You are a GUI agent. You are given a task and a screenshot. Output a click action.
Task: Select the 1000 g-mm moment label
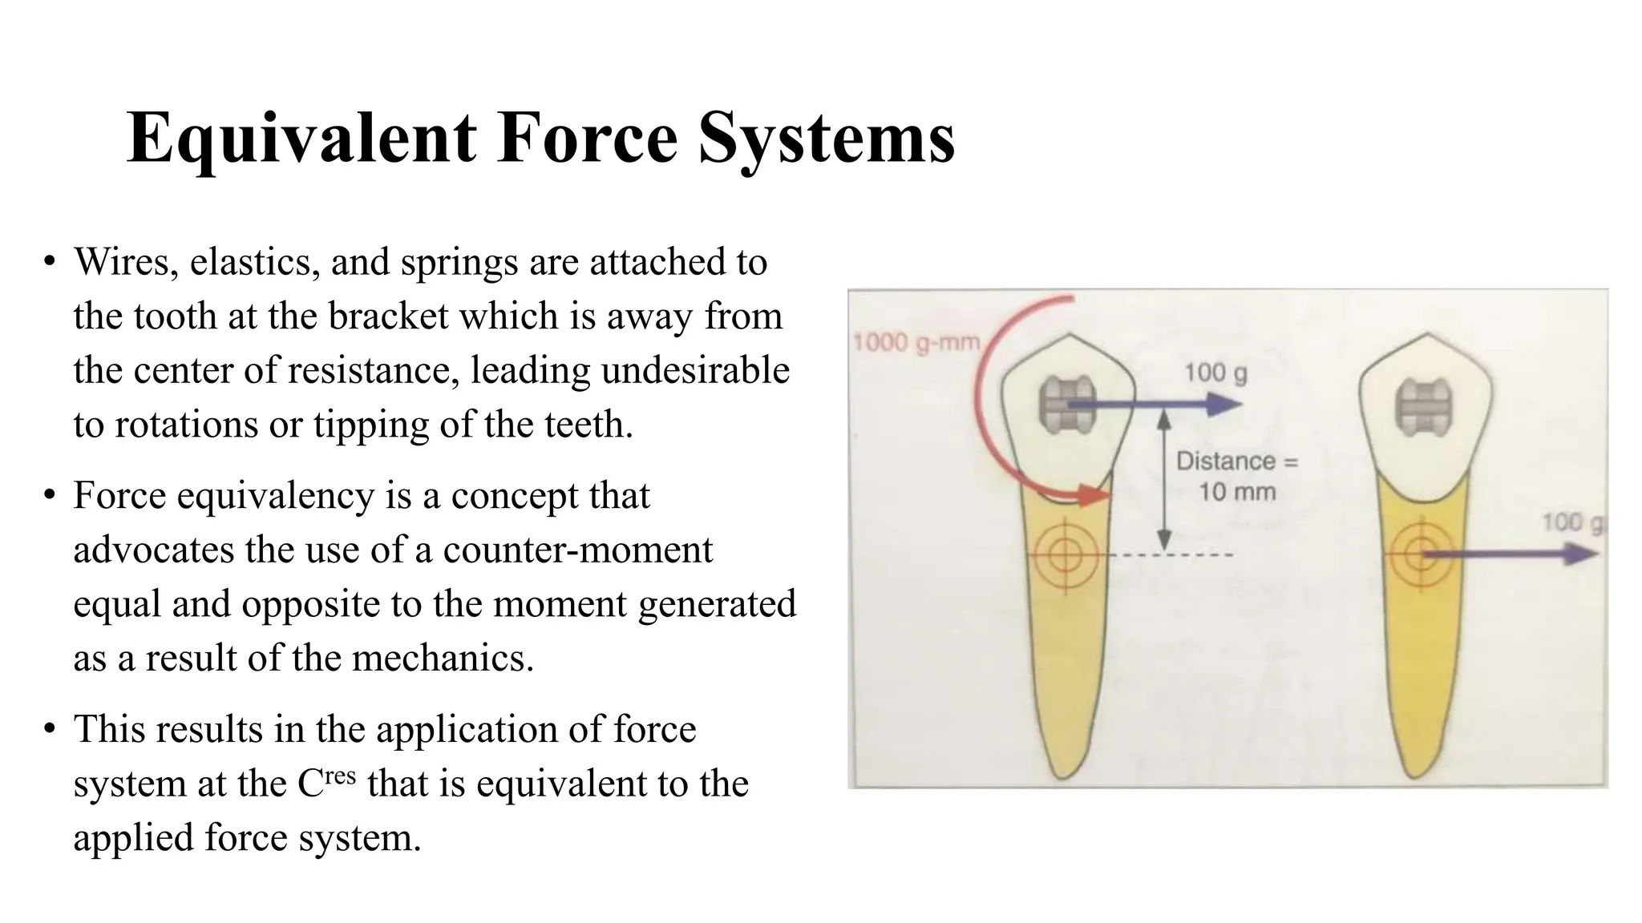(x=916, y=343)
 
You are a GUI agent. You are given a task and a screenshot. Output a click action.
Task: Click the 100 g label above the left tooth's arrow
(x=1215, y=373)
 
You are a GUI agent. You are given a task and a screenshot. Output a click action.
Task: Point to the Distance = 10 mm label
(x=1236, y=476)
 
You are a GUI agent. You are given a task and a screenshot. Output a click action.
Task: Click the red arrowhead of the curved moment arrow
(x=1095, y=496)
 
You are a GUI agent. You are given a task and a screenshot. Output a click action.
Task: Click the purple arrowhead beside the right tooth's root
(x=1581, y=554)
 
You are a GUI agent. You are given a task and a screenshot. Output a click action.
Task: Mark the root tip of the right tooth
(x=1419, y=774)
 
